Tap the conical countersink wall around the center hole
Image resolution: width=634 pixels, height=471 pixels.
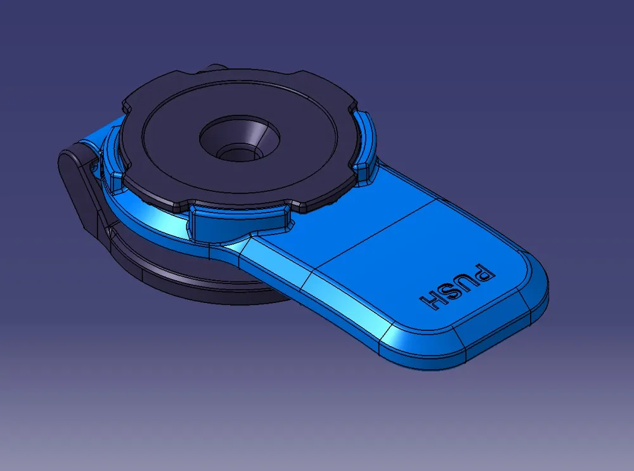click(257, 136)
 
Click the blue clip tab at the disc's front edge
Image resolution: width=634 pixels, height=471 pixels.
click(238, 222)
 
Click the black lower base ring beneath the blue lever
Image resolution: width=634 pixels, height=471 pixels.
click(190, 285)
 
